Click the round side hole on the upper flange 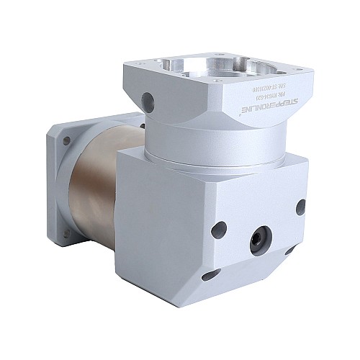click(148, 99)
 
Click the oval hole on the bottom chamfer click(210, 274)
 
